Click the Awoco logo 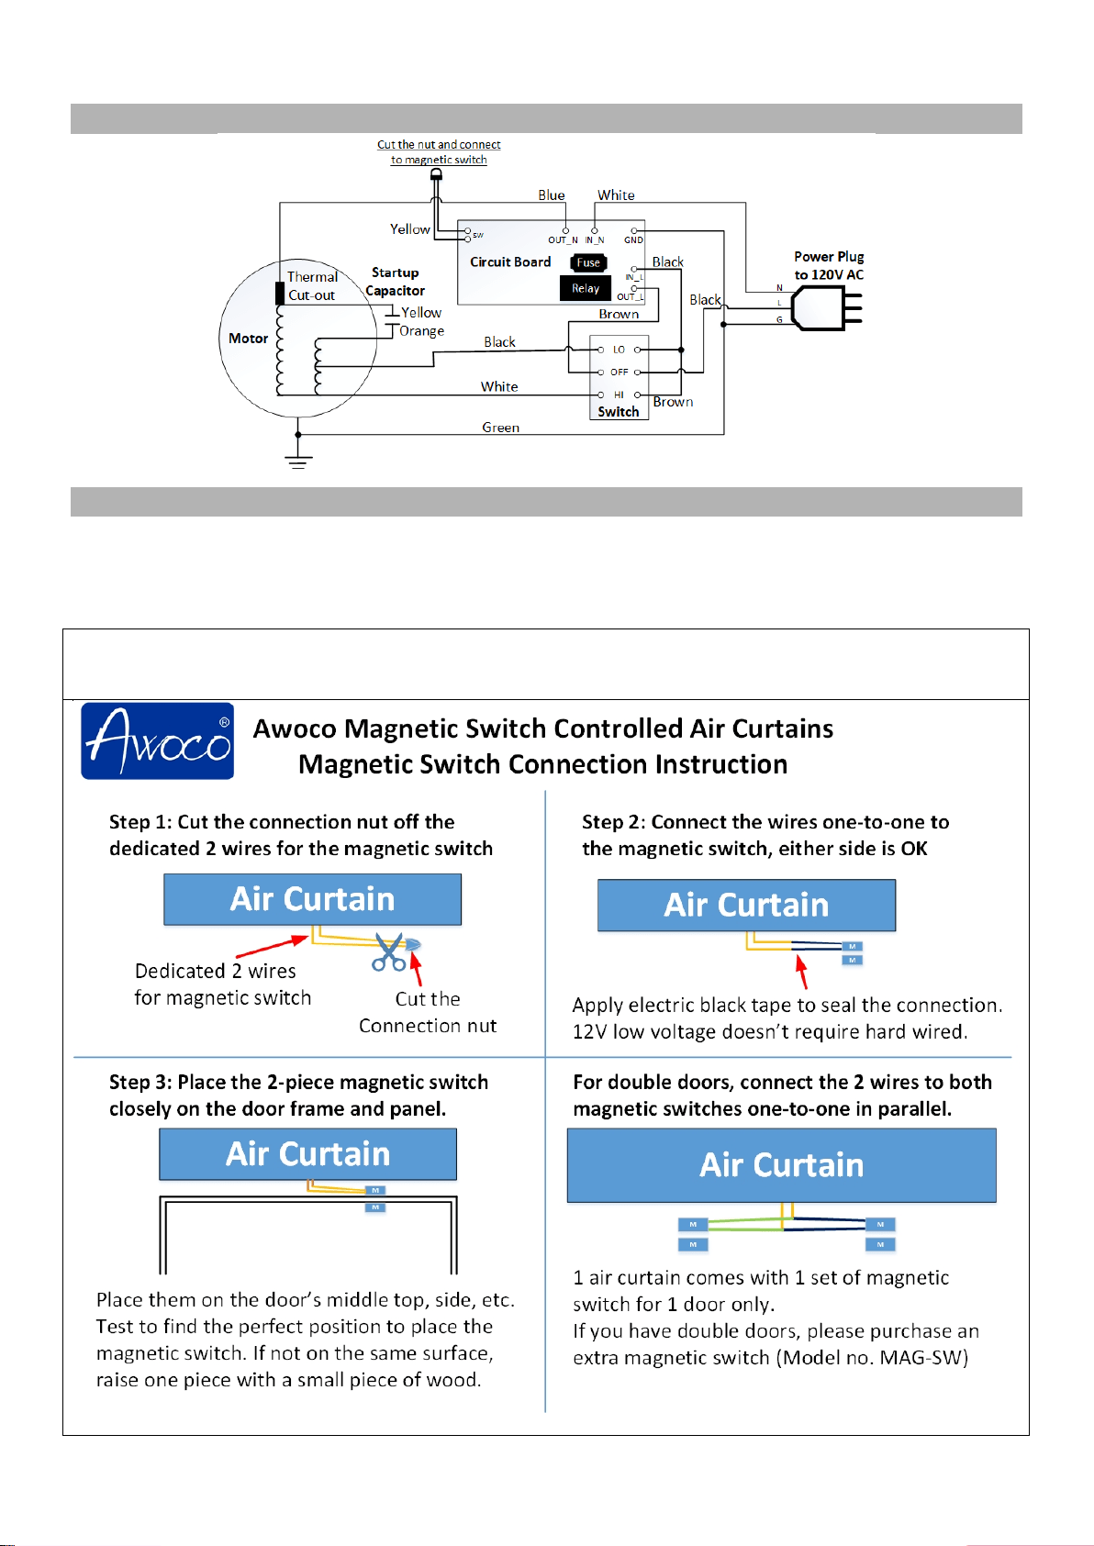click(x=157, y=740)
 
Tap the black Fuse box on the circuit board click(x=588, y=262)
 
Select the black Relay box click(x=586, y=288)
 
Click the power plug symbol click(x=827, y=307)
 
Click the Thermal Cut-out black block click(x=280, y=294)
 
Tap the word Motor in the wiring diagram click(x=249, y=339)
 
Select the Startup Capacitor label click(x=395, y=282)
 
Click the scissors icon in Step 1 click(x=389, y=951)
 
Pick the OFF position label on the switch click(x=620, y=372)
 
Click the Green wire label click(x=500, y=428)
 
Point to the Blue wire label click(x=552, y=195)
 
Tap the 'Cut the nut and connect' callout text click(x=439, y=144)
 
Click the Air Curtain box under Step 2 click(x=747, y=905)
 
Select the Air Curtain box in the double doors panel click(x=781, y=1165)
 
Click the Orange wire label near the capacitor click(x=422, y=331)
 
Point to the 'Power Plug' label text click(x=829, y=257)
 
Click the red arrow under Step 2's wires click(x=801, y=972)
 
